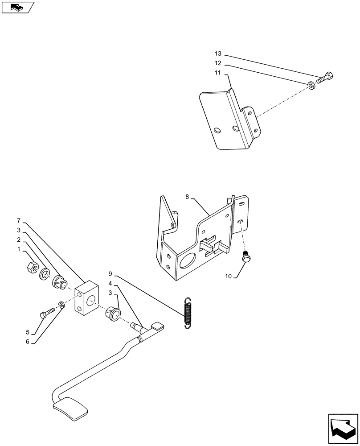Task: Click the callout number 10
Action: point(228,277)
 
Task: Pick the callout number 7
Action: point(19,221)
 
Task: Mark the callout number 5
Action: point(27,332)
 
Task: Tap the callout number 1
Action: point(19,250)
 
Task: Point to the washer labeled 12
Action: point(311,84)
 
